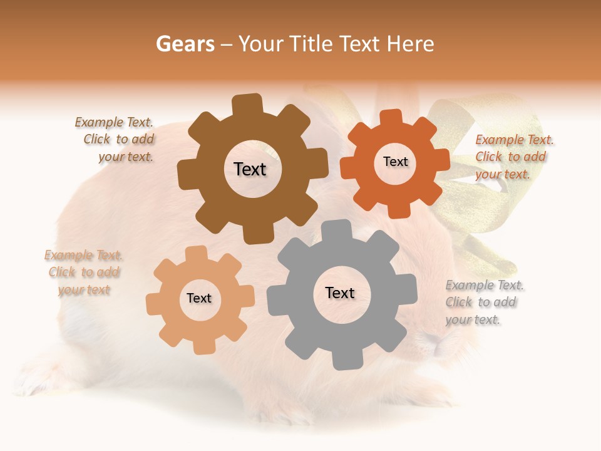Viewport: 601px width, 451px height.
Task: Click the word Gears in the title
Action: [x=185, y=44]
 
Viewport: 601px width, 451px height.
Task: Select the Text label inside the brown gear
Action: [x=250, y=169]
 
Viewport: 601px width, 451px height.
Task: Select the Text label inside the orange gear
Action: [x=396, y=162]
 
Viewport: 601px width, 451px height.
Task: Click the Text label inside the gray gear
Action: [x=340, y=293]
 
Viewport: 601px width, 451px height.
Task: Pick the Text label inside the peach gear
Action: [x=199, y=298]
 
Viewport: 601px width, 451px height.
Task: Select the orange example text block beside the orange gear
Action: [x=513, y=157]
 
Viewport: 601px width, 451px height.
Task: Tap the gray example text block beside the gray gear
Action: [x=483, y=303]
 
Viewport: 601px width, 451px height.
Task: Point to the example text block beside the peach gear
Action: [x=83, y=272]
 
